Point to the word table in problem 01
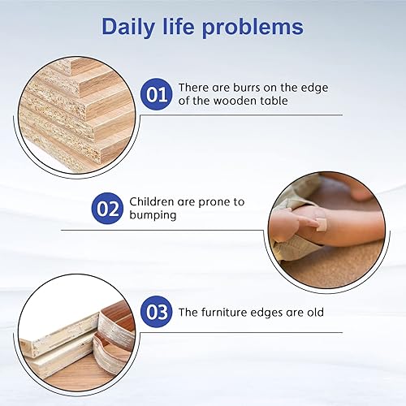coord(270,101)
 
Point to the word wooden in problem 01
coord(231,101)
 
